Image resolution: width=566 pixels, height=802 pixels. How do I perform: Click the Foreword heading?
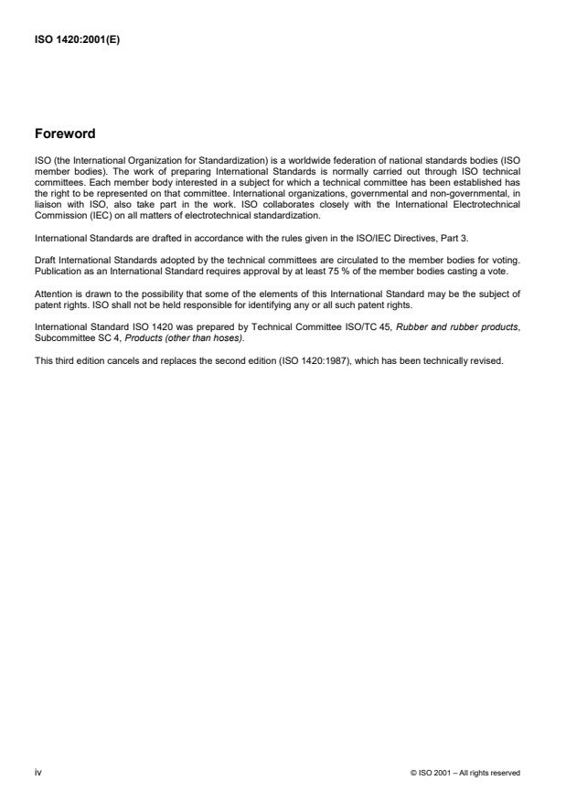click(65, 134)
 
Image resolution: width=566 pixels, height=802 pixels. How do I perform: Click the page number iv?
click(37, 773)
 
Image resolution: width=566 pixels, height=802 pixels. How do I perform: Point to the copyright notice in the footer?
click(465, 774)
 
